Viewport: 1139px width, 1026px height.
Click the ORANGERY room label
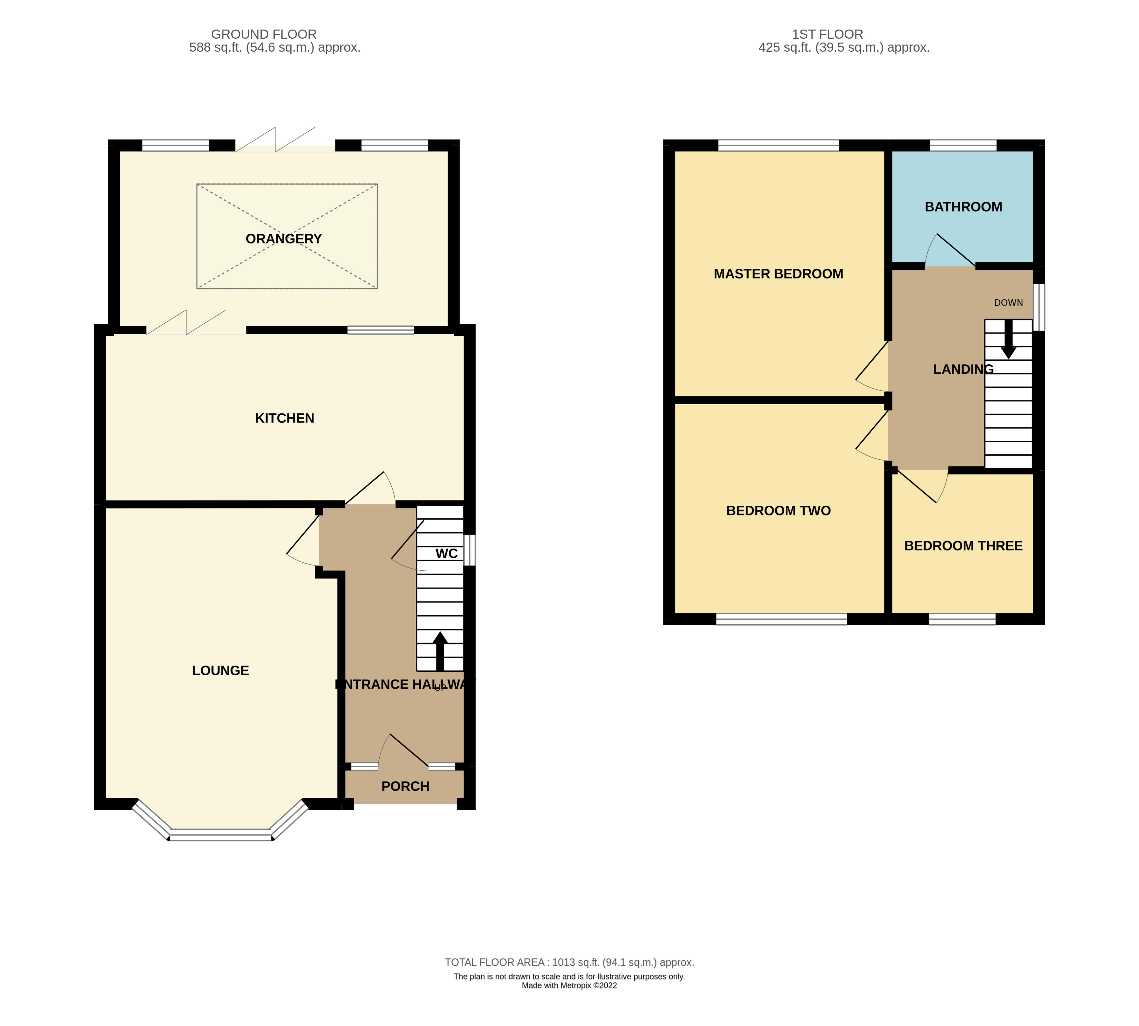pyautogui.click(x=283, y=239)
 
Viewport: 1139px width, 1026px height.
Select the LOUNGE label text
pyautogui.click(x=220, y=670)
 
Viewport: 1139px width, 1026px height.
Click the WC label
pyautogui.click(x=446, y=553)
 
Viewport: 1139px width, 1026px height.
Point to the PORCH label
pyautogui.click(x=405, y=786)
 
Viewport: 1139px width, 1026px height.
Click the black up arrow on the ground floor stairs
pyautogui.click(x=440, y=651)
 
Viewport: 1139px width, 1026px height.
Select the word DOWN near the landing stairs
pyautogui.click(x=1008, y=303)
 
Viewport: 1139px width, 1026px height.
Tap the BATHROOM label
pyautogui.click(x=963, y=207)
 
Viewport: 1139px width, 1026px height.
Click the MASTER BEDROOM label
pyautogui.click(x=778, y=274)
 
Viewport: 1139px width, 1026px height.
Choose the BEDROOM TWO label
pyautogui.click(x=778, y=511)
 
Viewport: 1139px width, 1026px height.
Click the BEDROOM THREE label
pyautogui.click(x=963, y=546)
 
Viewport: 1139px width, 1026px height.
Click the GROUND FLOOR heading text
pyautogui.click(x=264, y=34)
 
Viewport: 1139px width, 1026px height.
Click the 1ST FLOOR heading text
pyautogui.click(x=828, y=34)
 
